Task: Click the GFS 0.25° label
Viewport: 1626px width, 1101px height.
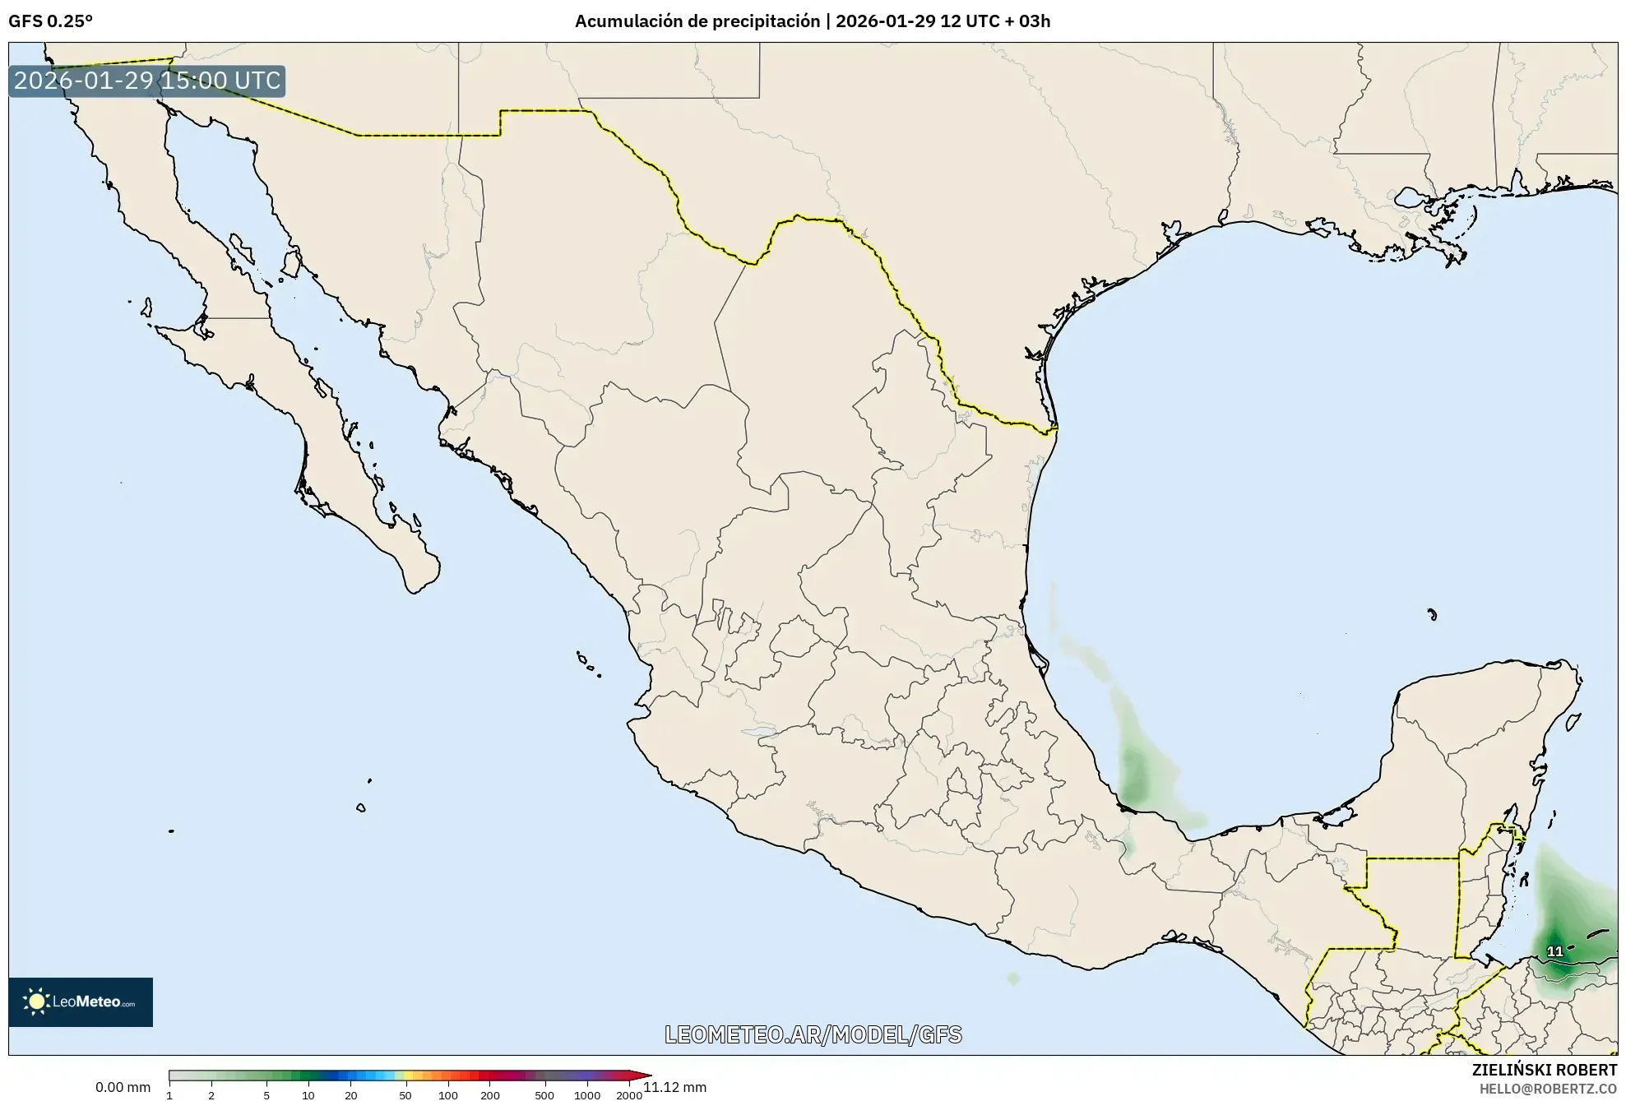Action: (50, 21)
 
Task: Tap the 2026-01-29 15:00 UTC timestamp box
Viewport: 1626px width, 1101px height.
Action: (147, 81)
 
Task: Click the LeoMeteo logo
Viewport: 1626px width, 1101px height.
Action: (81, 1002)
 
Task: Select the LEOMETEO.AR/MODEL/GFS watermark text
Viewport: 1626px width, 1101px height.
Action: (813, 1034)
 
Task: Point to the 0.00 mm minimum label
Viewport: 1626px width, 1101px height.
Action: (123, 1087)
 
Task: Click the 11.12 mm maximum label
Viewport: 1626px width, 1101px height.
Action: (675, 1087)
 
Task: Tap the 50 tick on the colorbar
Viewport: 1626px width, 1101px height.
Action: (405, 1094)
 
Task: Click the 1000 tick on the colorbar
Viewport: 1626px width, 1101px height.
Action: (586, 1094)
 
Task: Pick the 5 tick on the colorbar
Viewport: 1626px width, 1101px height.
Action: (266, 1094)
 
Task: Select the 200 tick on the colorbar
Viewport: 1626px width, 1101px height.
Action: (489, 1094)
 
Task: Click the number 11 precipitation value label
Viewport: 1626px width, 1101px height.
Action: (1554, 951)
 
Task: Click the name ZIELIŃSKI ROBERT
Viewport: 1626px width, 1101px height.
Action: (1544, 1070)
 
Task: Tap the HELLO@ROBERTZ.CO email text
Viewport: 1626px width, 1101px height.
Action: (1548, 1089)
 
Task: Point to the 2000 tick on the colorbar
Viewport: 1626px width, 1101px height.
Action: (629, 1094)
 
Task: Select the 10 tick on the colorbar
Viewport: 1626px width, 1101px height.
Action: (308, 1094)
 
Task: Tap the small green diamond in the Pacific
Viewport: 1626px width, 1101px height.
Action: (1013, 978)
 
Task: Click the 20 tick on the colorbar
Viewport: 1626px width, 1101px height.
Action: (351, 1094)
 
